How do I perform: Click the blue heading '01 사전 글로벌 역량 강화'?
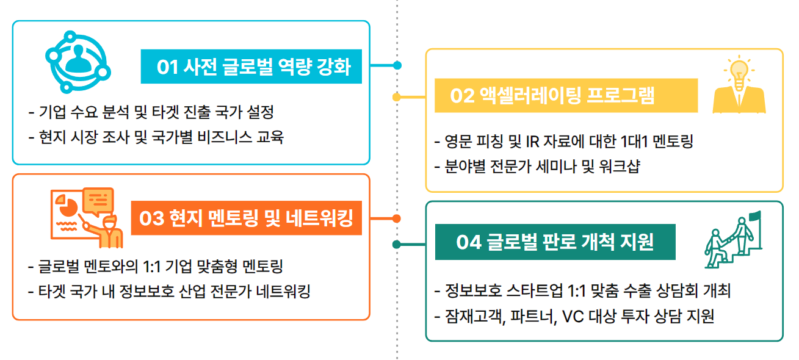(253, 67)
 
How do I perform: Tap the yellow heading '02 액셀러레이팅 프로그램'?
(552, 96)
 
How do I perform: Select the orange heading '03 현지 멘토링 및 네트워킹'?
(246, 218)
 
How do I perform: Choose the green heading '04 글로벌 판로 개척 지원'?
(555, 242)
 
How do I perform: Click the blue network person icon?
(78, 62)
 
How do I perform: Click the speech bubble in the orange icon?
(98, 201)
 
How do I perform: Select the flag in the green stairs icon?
(755, 217)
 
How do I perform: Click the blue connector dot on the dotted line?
(397, 65)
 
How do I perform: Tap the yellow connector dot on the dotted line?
(396, 97)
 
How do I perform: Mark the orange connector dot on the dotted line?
(396, 218)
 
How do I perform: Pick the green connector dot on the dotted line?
(396, 245)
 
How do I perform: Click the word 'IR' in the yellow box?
(532, 142)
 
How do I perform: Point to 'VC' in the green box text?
(573, 316)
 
